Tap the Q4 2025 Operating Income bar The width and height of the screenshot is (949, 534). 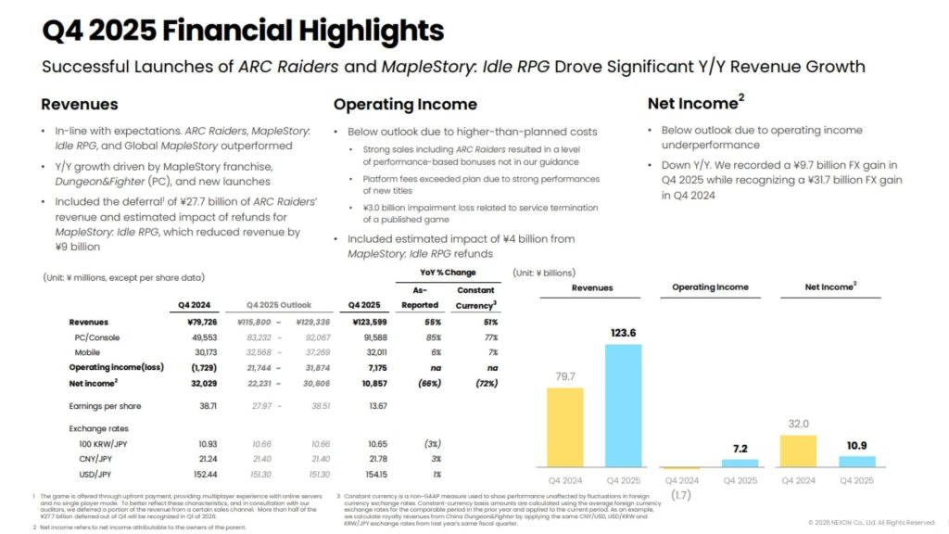point(739,463)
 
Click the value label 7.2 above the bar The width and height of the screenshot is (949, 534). point(739,448)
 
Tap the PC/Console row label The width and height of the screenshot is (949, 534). point(98,337)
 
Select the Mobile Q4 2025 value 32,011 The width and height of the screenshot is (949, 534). point(369,352)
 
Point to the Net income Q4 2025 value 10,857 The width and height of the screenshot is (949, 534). point(369,382)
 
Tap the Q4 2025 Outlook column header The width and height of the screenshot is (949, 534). point(278,305)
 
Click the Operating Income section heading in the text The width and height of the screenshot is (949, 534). point(405,104)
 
